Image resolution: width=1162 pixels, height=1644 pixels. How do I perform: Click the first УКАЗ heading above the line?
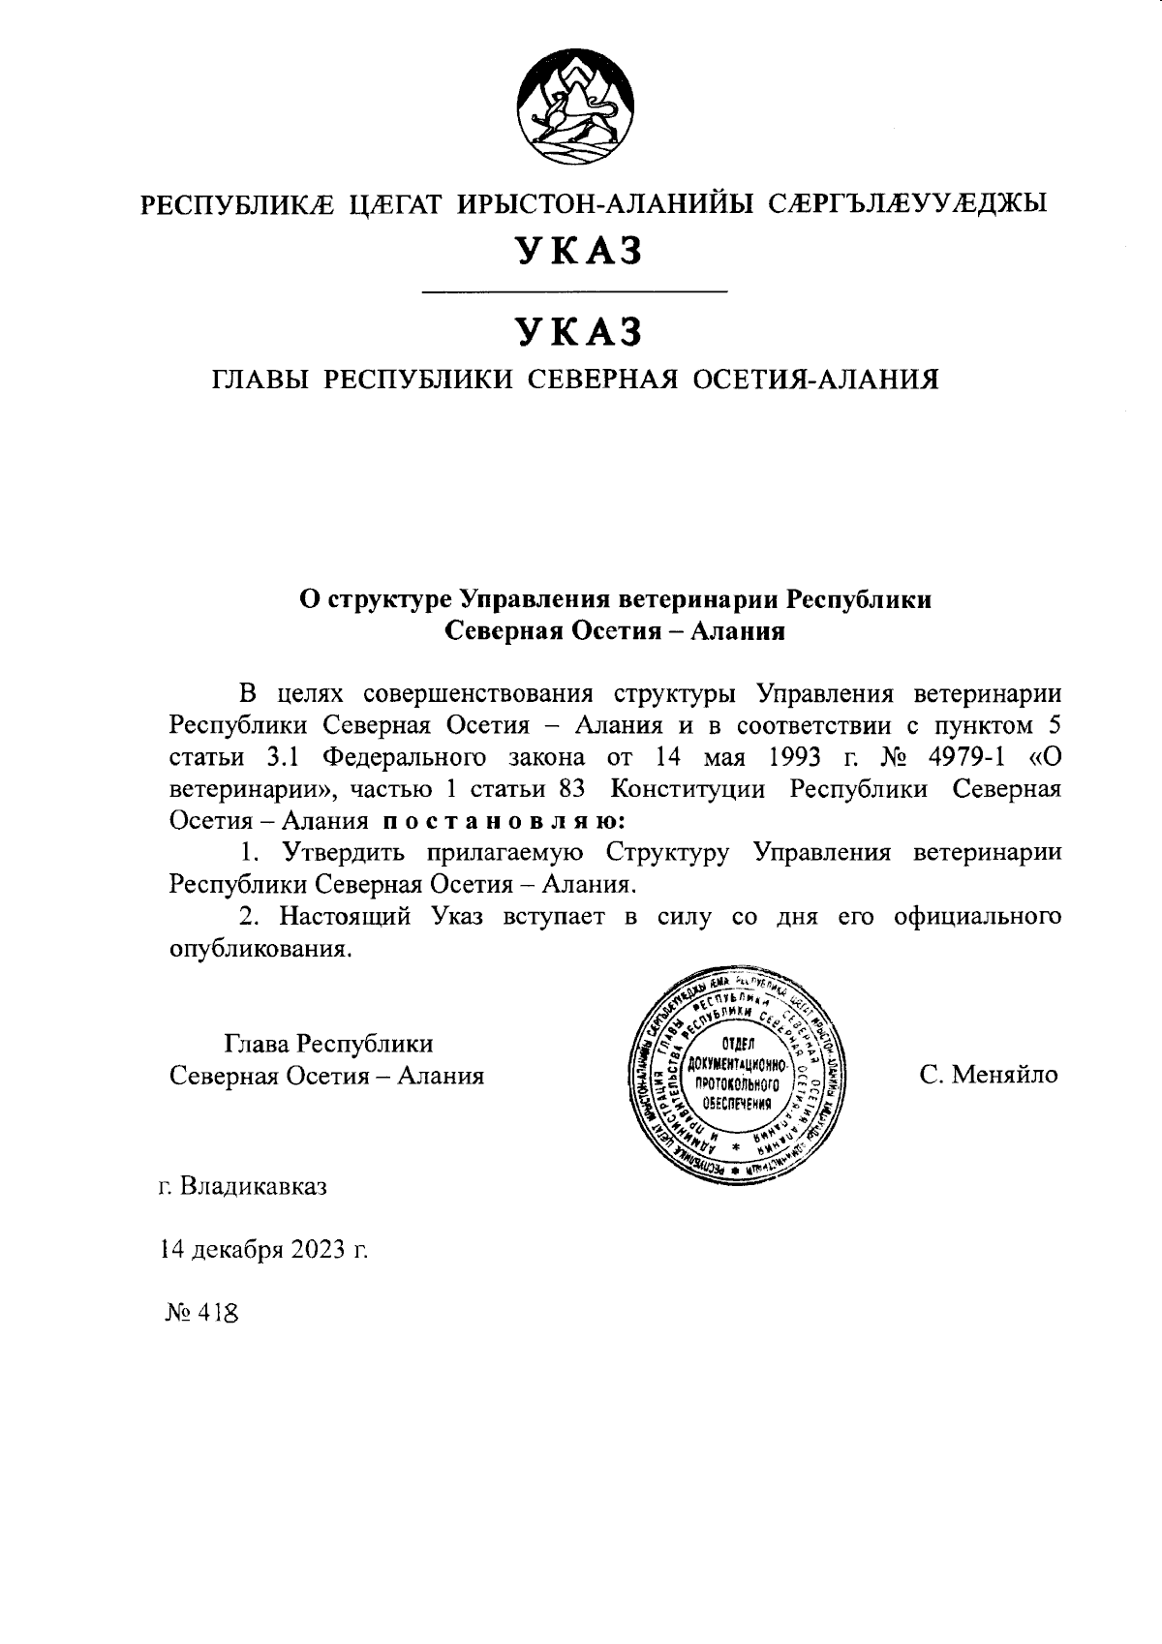[x=580, y=252]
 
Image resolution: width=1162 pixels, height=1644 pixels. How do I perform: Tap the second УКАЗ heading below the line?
[x=580, y=332]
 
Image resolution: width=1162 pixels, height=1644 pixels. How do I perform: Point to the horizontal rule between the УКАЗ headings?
[x=576, y=291]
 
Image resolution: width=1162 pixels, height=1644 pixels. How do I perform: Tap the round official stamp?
[x=738, y=1075]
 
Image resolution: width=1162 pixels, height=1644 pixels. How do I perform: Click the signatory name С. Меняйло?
[x=990, y=1075]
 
